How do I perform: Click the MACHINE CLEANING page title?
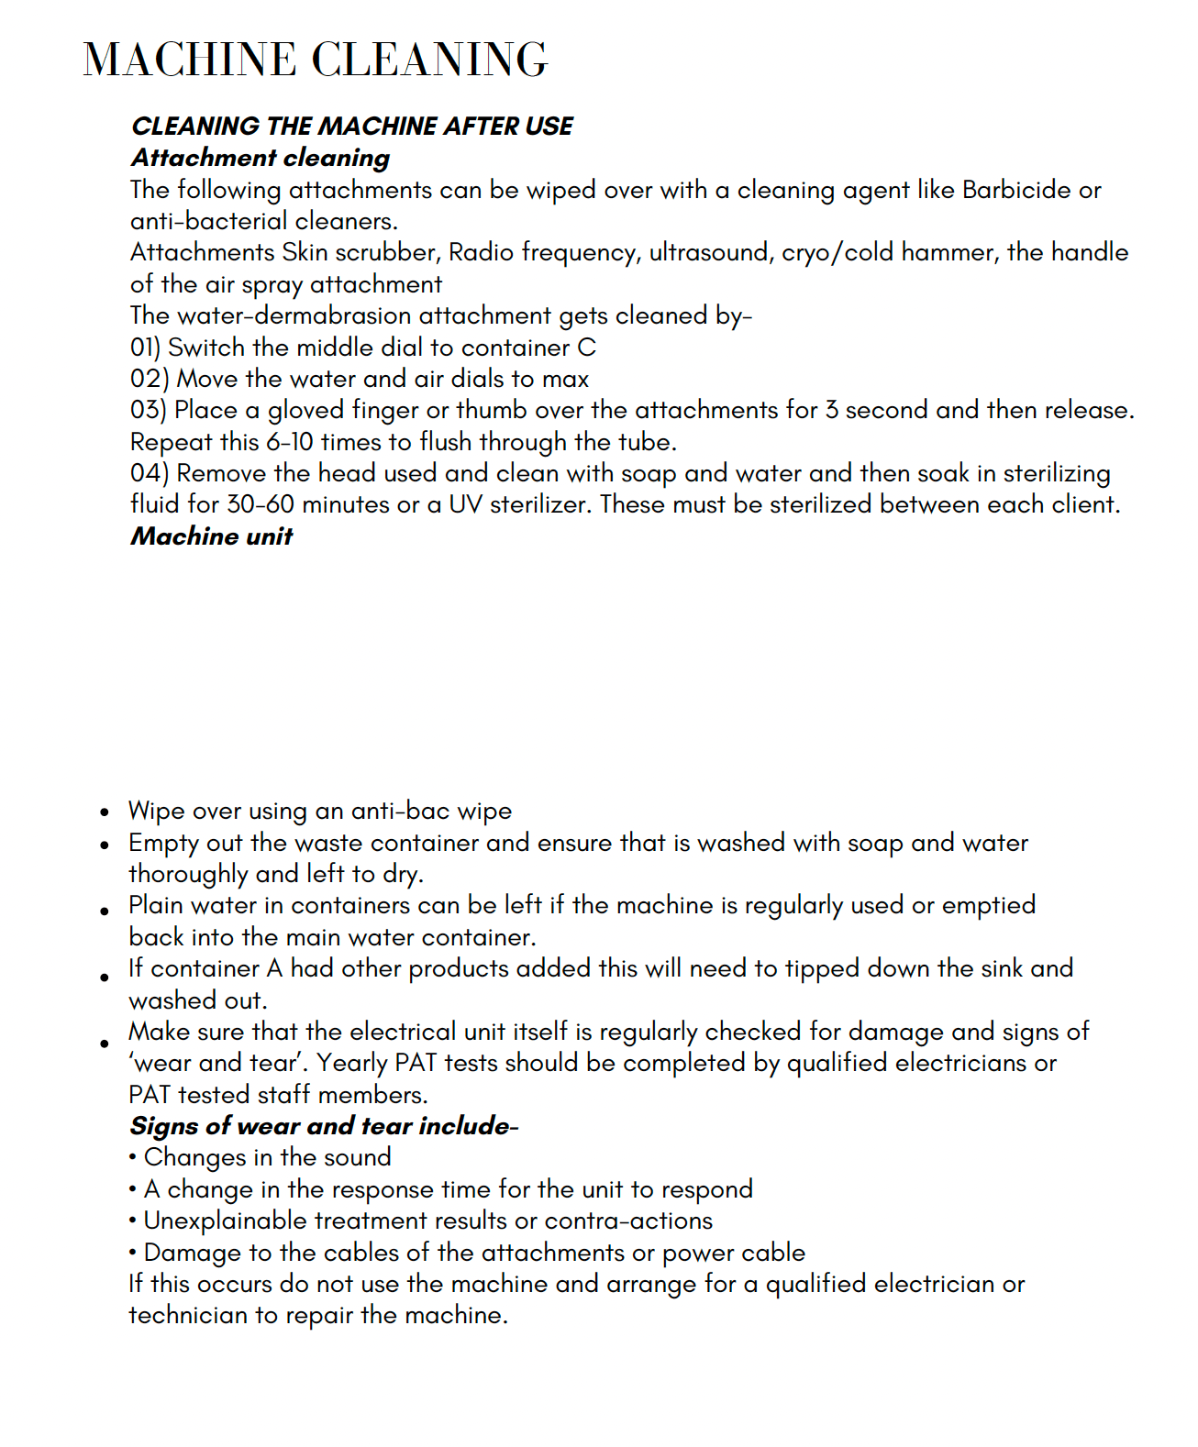click(x=315, y=60)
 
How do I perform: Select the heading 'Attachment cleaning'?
click(x=261, y=158)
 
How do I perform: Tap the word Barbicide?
click(x=1016, y=190)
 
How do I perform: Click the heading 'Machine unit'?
click(x=211, y=536)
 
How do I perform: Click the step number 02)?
click(x=150, y=379)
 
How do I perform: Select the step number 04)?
click(x=150, y=473)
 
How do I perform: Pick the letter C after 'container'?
click(x=587, y=348)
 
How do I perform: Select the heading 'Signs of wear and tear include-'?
click(x=323, y=1126)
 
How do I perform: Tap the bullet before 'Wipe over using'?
click(x=105, y=812)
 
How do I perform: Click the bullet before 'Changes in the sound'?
click(x=133, y=1158)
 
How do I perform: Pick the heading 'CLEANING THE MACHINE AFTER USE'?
click(x=351, y=127)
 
